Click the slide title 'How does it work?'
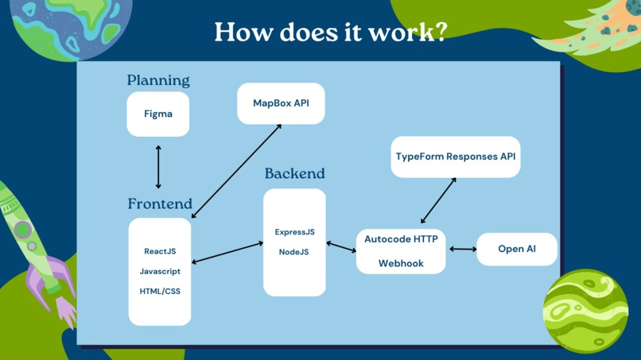pyautogui.click(x=331, y=32)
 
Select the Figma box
pyautogui.click(x=158, y=114)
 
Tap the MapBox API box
pyautogui.click(x=281, y=103)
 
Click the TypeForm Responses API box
pyautogui.click(x=456, y=157)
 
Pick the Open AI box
pyautogui.click(x=517, y=249)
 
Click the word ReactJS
pyautogui.click(x=160, y=251)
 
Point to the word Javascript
pyautogui.click(x=160, y=271)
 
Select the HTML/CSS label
pyautogui.click(x=160, y=291)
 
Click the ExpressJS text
pyautogui.click(x=294, y=232)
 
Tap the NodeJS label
pyautogui.click(x=294, y=252)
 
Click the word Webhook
pyautogui.click(x=401, y=263)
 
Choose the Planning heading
pyautogui.click(x=158, y=80)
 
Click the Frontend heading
pyautogui.click(x=160, y=203)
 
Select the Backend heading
pyautogui.click(x=294, y=173)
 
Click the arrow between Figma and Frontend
pyautogui.click(x=158, y=166)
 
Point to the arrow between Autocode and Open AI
pyautogui.click(x=463, y=249)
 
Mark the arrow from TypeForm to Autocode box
pyautogui.click(x=438, y=200)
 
